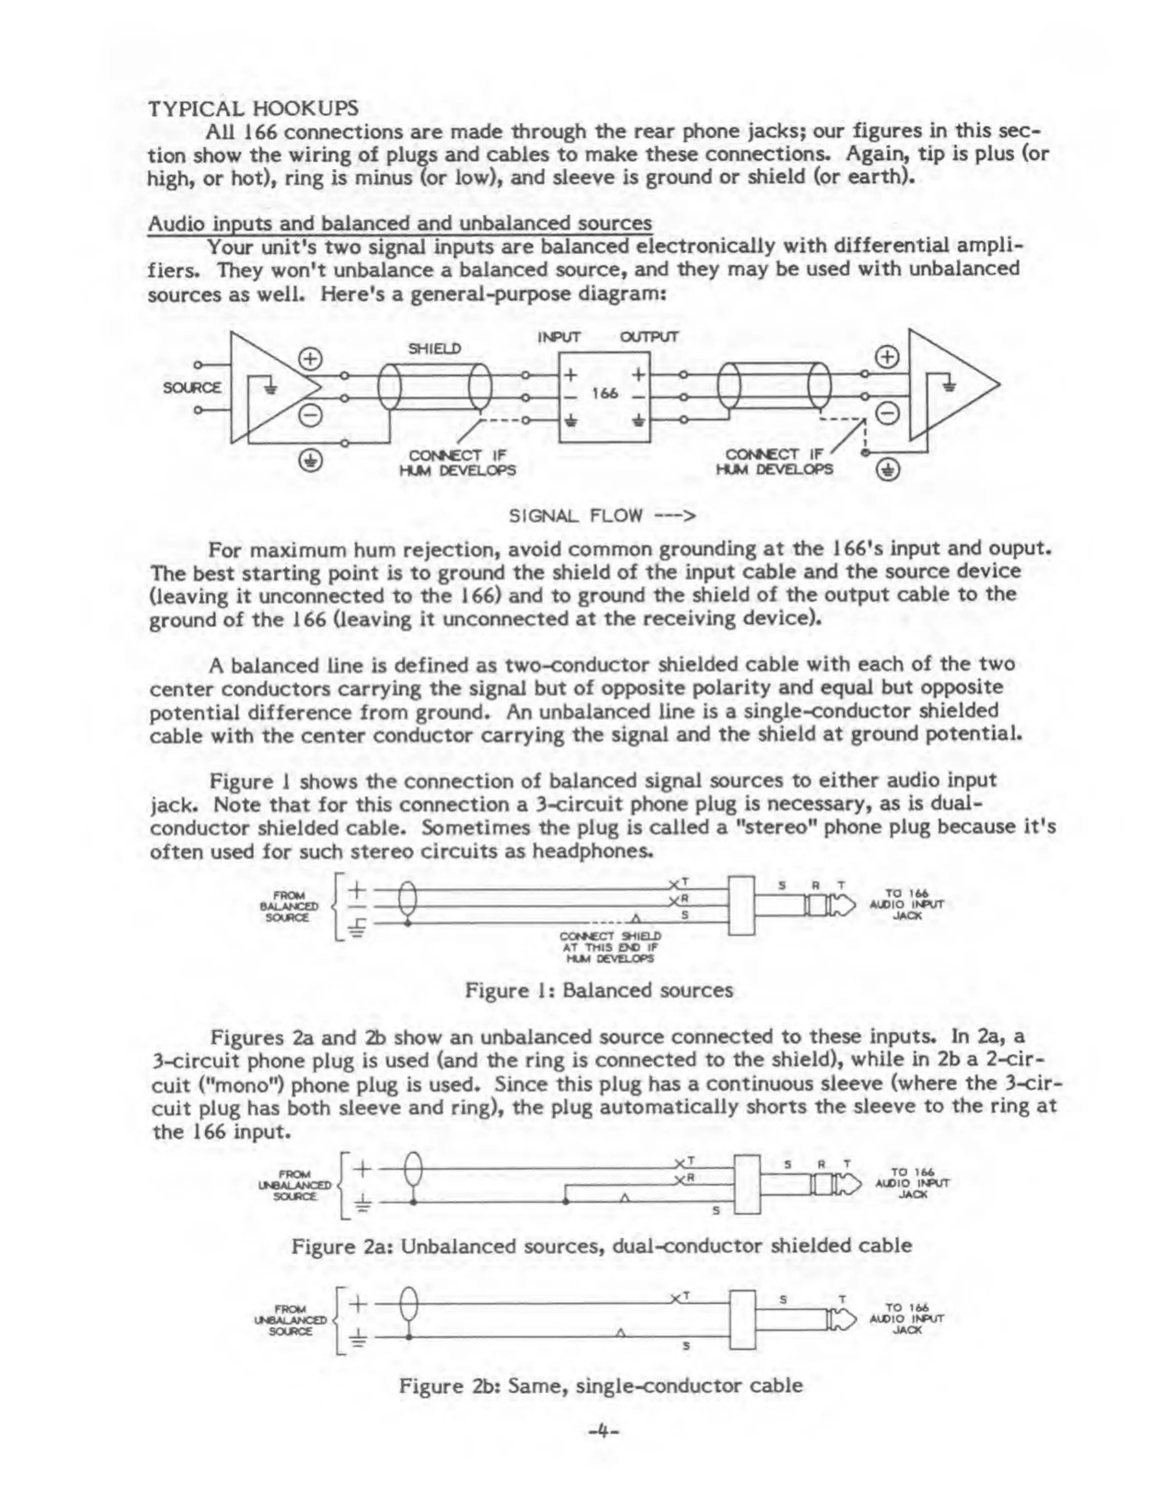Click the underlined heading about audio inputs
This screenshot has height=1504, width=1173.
(x=400, y=223)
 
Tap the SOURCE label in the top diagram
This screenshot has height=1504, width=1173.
(x=192, y=387)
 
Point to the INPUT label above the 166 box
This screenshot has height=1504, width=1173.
(x=559, y=337)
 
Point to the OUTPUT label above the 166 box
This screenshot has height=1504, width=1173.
(x=649, y=337)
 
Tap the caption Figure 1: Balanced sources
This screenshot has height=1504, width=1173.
(x=599, y=990)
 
